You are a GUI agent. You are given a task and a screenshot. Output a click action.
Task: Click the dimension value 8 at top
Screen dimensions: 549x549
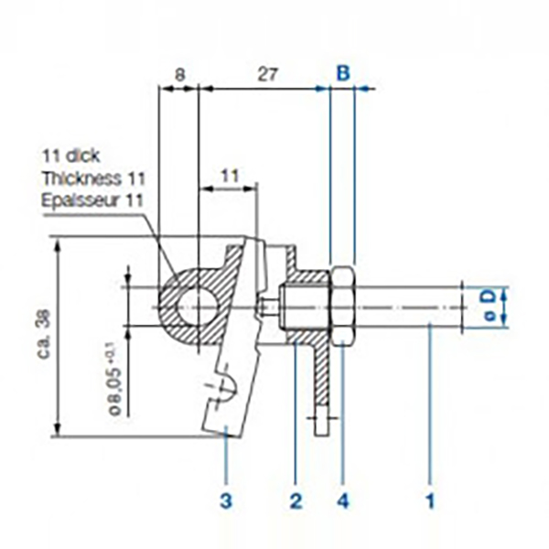[179, 75]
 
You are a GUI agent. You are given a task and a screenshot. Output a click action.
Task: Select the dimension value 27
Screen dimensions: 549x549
[268, 75]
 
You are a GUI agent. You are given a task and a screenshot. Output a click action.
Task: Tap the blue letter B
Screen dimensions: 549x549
[343, 73]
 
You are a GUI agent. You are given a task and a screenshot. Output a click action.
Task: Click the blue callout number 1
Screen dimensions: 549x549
[430, 501]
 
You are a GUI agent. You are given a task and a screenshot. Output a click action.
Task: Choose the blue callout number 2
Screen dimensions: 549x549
[296, 501]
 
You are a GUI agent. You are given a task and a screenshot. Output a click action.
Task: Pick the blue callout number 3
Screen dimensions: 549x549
[226, 501]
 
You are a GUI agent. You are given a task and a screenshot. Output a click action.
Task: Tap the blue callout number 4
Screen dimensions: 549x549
[343, 501]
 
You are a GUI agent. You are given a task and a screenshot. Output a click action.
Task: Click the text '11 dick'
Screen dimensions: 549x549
[71, 156]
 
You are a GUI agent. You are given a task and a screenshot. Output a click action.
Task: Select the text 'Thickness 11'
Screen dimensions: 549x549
[93, 178]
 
